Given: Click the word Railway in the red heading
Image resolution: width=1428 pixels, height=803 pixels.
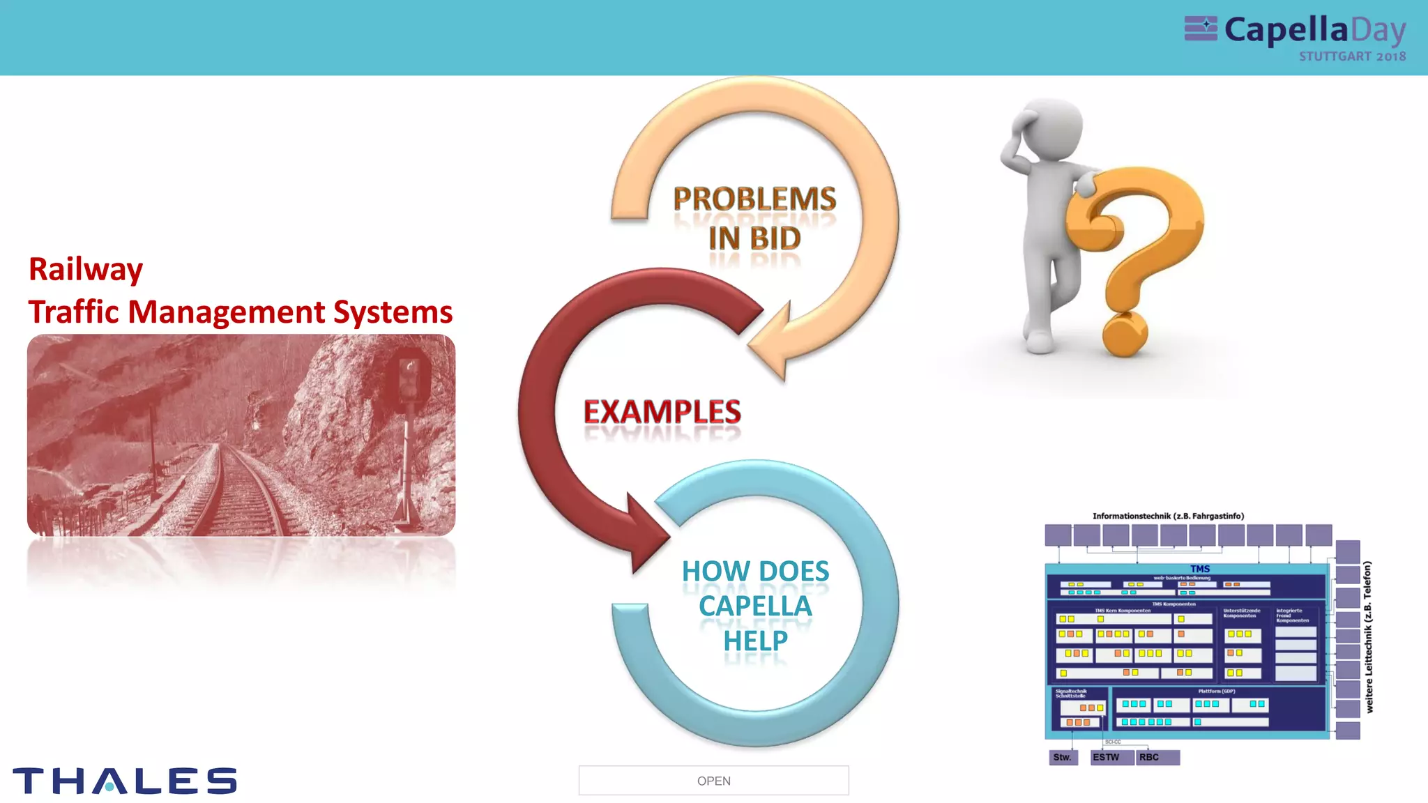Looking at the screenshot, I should (x=86, y=270).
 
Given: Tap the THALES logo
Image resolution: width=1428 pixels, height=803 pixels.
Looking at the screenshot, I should (x=125, y=781).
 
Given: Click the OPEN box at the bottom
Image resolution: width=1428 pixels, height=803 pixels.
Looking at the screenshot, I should (x=713, y=781).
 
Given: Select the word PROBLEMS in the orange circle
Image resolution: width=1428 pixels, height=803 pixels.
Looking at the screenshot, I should (x=754, y=199).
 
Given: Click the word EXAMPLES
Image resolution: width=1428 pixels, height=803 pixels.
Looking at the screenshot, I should (x=662, y=412).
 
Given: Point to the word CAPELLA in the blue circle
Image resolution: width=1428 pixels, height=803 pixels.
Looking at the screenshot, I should (x=755, y=606).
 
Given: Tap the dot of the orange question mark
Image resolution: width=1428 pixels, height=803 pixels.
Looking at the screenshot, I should (x=1124, y=335).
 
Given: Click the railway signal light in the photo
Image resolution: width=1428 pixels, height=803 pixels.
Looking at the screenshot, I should (x=410, y=377).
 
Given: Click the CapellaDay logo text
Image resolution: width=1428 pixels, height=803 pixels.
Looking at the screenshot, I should (x=1314, y=30).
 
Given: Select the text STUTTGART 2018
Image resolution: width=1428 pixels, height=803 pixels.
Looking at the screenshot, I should (x=1352, y=56).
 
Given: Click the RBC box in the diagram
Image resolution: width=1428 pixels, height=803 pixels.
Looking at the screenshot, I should (x=1157, y=758).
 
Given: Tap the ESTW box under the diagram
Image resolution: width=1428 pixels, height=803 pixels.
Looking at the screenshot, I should (x=1111, y=758).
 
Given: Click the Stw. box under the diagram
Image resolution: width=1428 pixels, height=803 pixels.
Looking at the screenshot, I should (x=1063, y=758).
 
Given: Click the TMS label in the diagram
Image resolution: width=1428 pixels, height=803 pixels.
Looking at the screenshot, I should (x=1200, y=569).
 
